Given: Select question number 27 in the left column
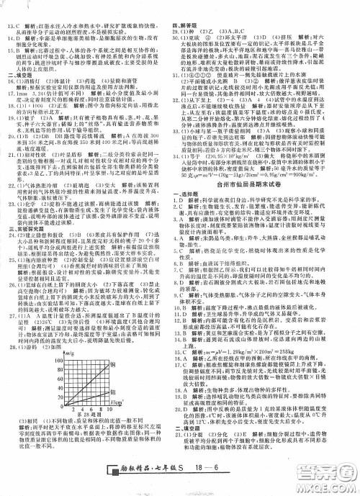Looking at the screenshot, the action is pos(10,355).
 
